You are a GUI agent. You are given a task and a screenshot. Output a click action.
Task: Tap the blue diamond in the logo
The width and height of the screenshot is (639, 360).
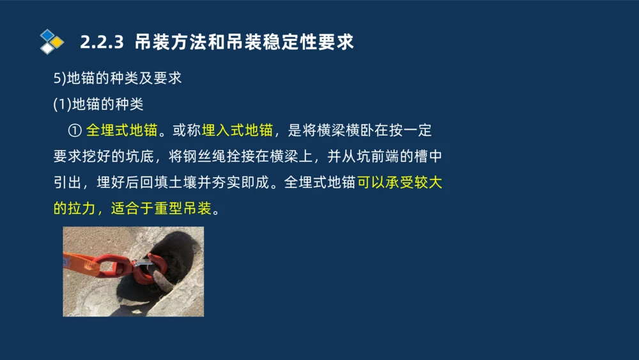pyautogui.click(x=47, y=35)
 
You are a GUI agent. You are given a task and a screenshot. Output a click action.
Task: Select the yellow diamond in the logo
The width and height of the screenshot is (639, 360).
pyautogui.click(x=58, y=42)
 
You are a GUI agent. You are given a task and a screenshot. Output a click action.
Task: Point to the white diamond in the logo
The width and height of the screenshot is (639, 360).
pyautogui.click(x=47, y=48)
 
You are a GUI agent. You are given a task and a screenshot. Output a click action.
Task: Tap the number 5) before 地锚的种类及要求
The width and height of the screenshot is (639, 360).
pyautogui.click(x=59, y=78)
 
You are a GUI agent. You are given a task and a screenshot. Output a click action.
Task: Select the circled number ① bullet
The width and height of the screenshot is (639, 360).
pyautogui.click(x=74, y=130)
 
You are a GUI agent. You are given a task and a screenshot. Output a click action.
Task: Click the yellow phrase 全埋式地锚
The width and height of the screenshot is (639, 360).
pyautogui.click(x=121, y=130)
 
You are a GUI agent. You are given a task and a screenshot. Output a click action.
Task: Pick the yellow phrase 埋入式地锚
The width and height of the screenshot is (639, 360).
pyautogui.click(x=238, y=130)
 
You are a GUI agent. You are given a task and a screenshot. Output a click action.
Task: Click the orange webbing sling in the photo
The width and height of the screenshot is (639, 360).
pyautogui.click(x=80, y=263)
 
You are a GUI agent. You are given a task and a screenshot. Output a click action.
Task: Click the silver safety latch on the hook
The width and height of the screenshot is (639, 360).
pyautogui.click(x=143, y=262)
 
